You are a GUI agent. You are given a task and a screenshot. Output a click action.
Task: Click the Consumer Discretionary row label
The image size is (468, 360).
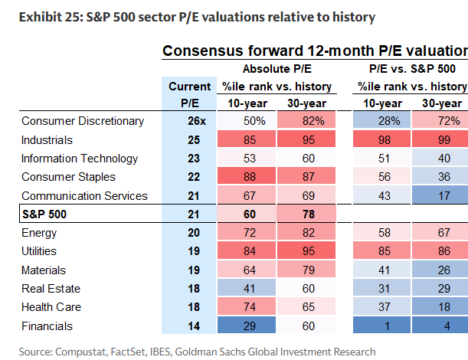(83, 121)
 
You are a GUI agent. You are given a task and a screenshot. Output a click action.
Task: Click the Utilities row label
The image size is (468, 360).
(41, 251)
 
